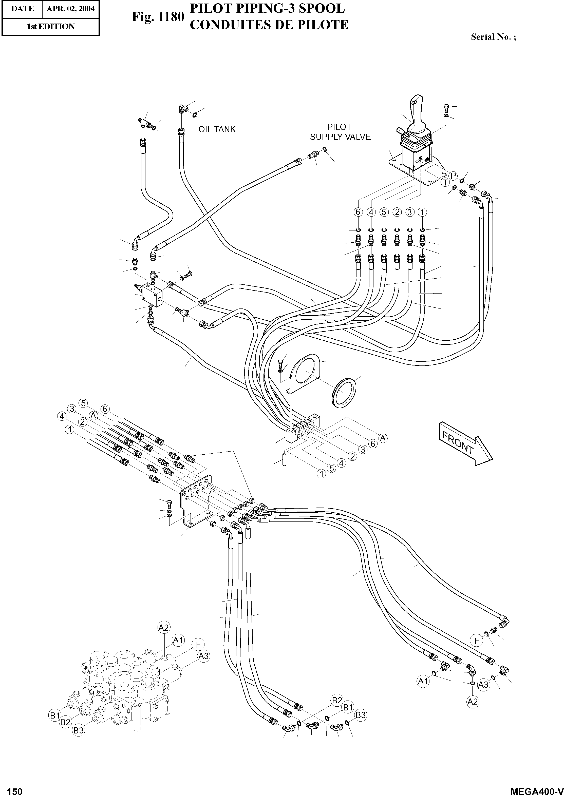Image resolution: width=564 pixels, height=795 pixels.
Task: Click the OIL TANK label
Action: click(217, 129)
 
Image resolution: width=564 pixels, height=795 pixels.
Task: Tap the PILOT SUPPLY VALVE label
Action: click(340, 132)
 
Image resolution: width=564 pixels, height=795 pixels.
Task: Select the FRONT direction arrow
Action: click(465, 443)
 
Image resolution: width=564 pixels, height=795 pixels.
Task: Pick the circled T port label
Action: click(445, 183)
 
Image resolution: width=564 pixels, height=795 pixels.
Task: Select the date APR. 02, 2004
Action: click(70, 9)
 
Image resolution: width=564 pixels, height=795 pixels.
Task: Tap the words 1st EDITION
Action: click(51, 27)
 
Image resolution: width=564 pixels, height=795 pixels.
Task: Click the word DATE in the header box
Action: click(22, 9)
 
